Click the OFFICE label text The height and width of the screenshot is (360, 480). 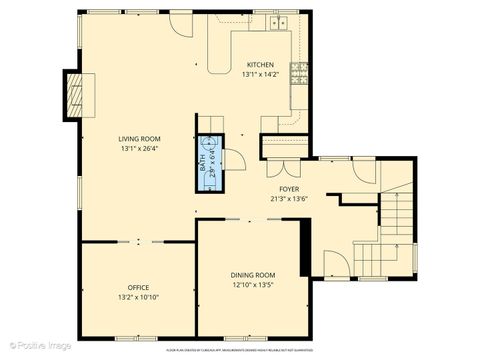pyautogui.click(x=138, y=287)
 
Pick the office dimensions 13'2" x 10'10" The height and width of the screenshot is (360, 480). pyautogui.click(x=138, y=296)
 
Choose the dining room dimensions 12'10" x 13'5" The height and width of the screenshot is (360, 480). pyautogui.click(x=253, y=284)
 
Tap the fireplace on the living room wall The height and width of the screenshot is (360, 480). pyautogui.click(x=73, y=95)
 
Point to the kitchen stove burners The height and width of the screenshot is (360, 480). pyautogui.click(x=297, y=72)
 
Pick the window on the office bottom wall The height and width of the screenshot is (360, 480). pyautogui.click(x=137, y=337)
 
